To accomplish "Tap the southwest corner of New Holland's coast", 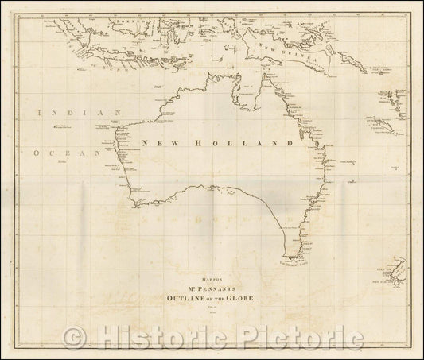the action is [134, 204].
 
